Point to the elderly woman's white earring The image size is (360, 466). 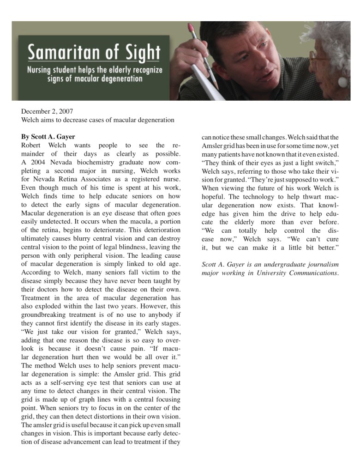342,82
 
